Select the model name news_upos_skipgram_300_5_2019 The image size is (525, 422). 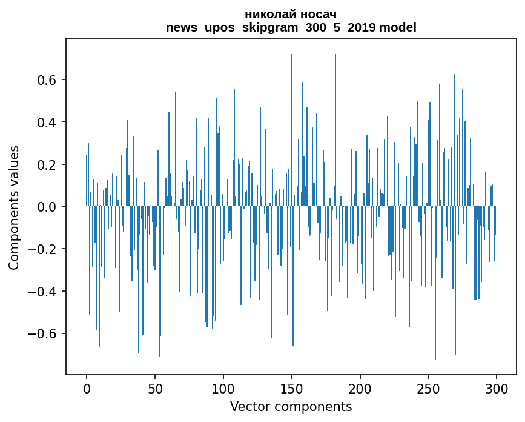[271, 27]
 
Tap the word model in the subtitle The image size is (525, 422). [398, 27]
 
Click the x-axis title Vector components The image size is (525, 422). [291, 406]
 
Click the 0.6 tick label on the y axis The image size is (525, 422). [47, 80]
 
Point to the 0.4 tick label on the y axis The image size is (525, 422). [47, 122]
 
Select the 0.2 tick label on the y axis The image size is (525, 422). [47, 165]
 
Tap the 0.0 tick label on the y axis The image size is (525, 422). [47, 207]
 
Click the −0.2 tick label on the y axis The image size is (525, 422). [42, 249]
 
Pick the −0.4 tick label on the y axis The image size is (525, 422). [42, 292]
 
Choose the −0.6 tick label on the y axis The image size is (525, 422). [42, 333]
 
